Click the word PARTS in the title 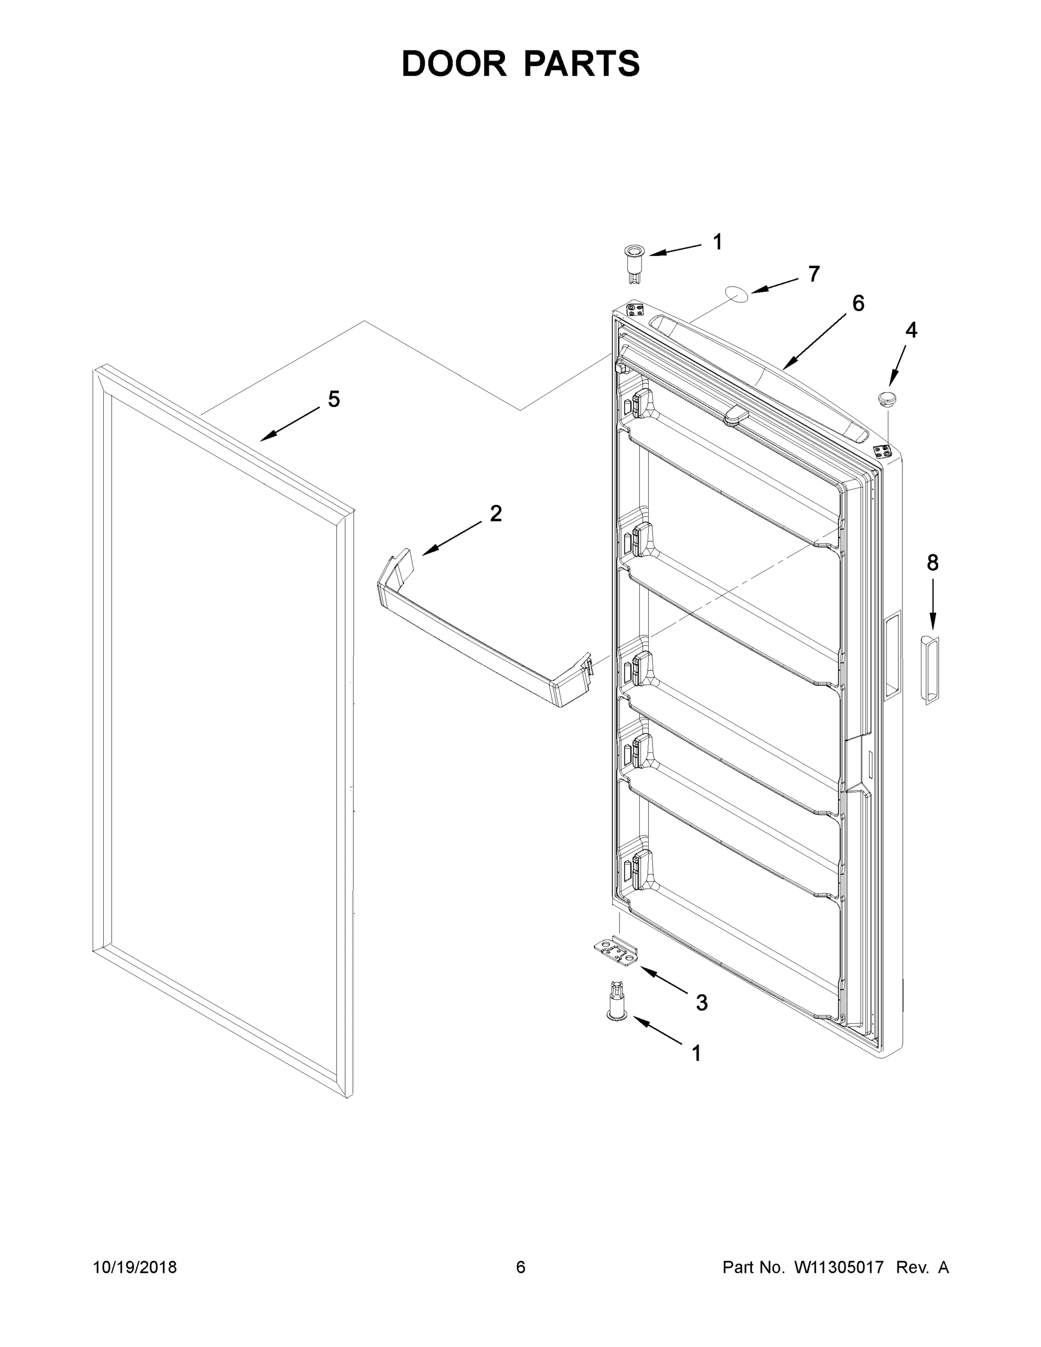pyautogui.click(x=581, y=63)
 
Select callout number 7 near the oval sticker pyautogui.click(x=814, y=274)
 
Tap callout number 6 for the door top pyautogui.click(x=858, y=304)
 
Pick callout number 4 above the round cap pyautogui.click(x=911, y=331)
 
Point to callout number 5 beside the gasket pyautogui.click(x=334, y=400)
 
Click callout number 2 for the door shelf pyautogui.click(x=496, y=513)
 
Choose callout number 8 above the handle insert pyautogui.click(x=933, y=562)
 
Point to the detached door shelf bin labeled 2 pyautogui.click(x=481, y=635)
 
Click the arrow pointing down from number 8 pyautogui.click(x=933, y=607)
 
